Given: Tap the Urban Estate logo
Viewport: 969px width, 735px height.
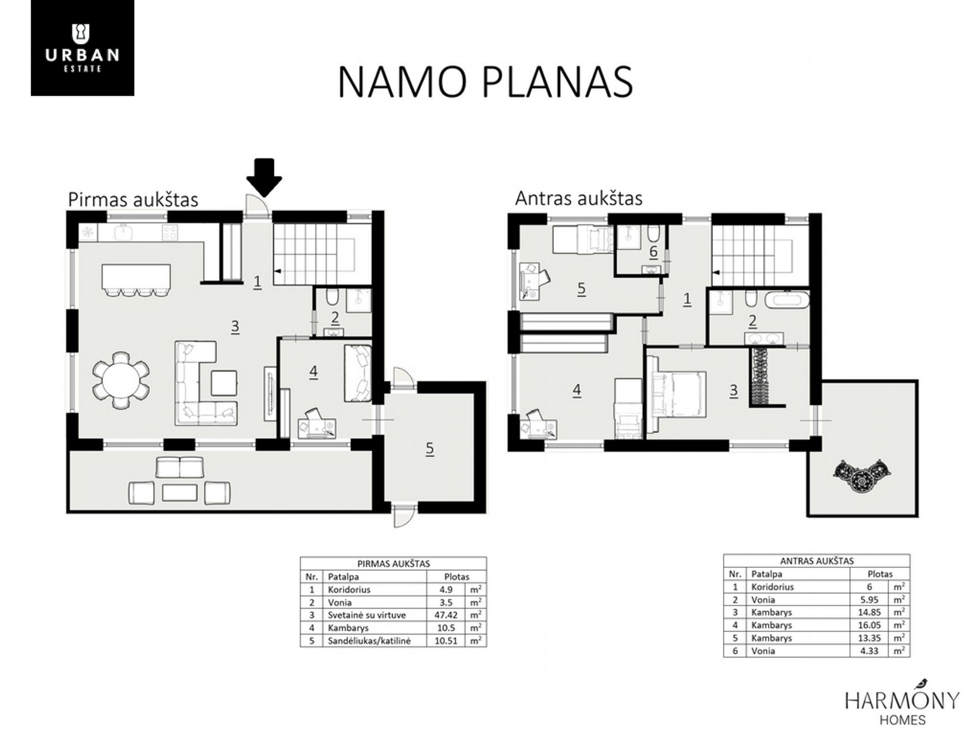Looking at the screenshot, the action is point(83,48).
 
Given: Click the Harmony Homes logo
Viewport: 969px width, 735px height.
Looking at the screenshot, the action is point(902,703).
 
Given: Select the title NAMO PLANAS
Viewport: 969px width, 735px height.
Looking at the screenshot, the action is point(485,82).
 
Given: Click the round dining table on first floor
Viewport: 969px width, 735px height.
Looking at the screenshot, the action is point(121,380).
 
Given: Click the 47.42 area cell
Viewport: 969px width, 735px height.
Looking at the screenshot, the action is point(446,615).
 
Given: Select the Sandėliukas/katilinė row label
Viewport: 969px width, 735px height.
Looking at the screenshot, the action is point(369,641).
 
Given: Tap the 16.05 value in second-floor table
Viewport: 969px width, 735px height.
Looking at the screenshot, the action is point(869,625).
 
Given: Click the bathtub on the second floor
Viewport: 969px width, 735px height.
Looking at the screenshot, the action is point(786,299).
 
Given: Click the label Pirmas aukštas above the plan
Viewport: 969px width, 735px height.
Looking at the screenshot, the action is point(133,200).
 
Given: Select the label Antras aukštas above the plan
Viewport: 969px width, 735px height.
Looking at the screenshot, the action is point(578,198).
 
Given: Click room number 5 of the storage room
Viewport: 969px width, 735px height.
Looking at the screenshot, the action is point(429,449).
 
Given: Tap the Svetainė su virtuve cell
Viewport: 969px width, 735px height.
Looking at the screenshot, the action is point(367,615).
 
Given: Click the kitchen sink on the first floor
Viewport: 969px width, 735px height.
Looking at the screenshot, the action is point(124,233).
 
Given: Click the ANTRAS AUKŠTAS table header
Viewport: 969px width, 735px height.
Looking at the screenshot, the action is point(817,561).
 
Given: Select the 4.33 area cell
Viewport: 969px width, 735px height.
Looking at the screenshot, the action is point(869,651).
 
